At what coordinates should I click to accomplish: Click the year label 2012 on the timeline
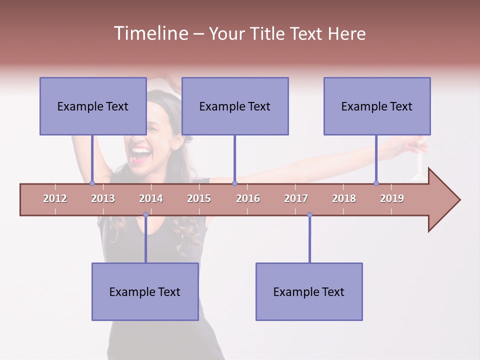55,198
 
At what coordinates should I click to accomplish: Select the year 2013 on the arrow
103,198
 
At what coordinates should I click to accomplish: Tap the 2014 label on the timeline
151,198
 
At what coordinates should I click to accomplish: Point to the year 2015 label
199,198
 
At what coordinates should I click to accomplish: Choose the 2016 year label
248,198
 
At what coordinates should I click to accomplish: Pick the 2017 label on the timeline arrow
296,198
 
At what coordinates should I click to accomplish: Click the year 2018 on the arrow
344,198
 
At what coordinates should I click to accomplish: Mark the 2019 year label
392,198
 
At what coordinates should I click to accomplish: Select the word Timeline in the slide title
150,33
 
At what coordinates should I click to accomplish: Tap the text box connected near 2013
93,106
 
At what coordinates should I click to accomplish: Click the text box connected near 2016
235,106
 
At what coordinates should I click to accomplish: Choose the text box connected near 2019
377,106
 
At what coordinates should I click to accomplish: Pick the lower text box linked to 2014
145,291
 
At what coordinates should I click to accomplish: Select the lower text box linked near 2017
309,291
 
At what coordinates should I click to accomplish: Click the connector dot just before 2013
92,183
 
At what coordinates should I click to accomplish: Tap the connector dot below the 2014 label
145,215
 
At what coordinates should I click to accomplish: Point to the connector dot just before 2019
376,183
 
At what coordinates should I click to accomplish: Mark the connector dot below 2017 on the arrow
309,215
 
